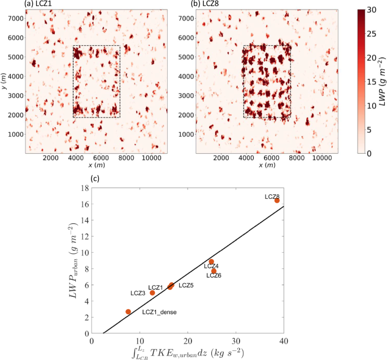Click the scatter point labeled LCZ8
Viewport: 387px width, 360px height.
tap(277, 201)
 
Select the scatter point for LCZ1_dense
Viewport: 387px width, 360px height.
tap(128, 311)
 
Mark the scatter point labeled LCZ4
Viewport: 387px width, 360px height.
tap(211, 262)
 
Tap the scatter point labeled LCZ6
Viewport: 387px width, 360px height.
tap(214, 271)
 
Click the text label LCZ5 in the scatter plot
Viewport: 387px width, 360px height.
tap(186, 285)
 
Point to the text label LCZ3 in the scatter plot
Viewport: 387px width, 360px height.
tap(138, 293)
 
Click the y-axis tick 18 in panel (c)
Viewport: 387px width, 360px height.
tap(84, 188)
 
